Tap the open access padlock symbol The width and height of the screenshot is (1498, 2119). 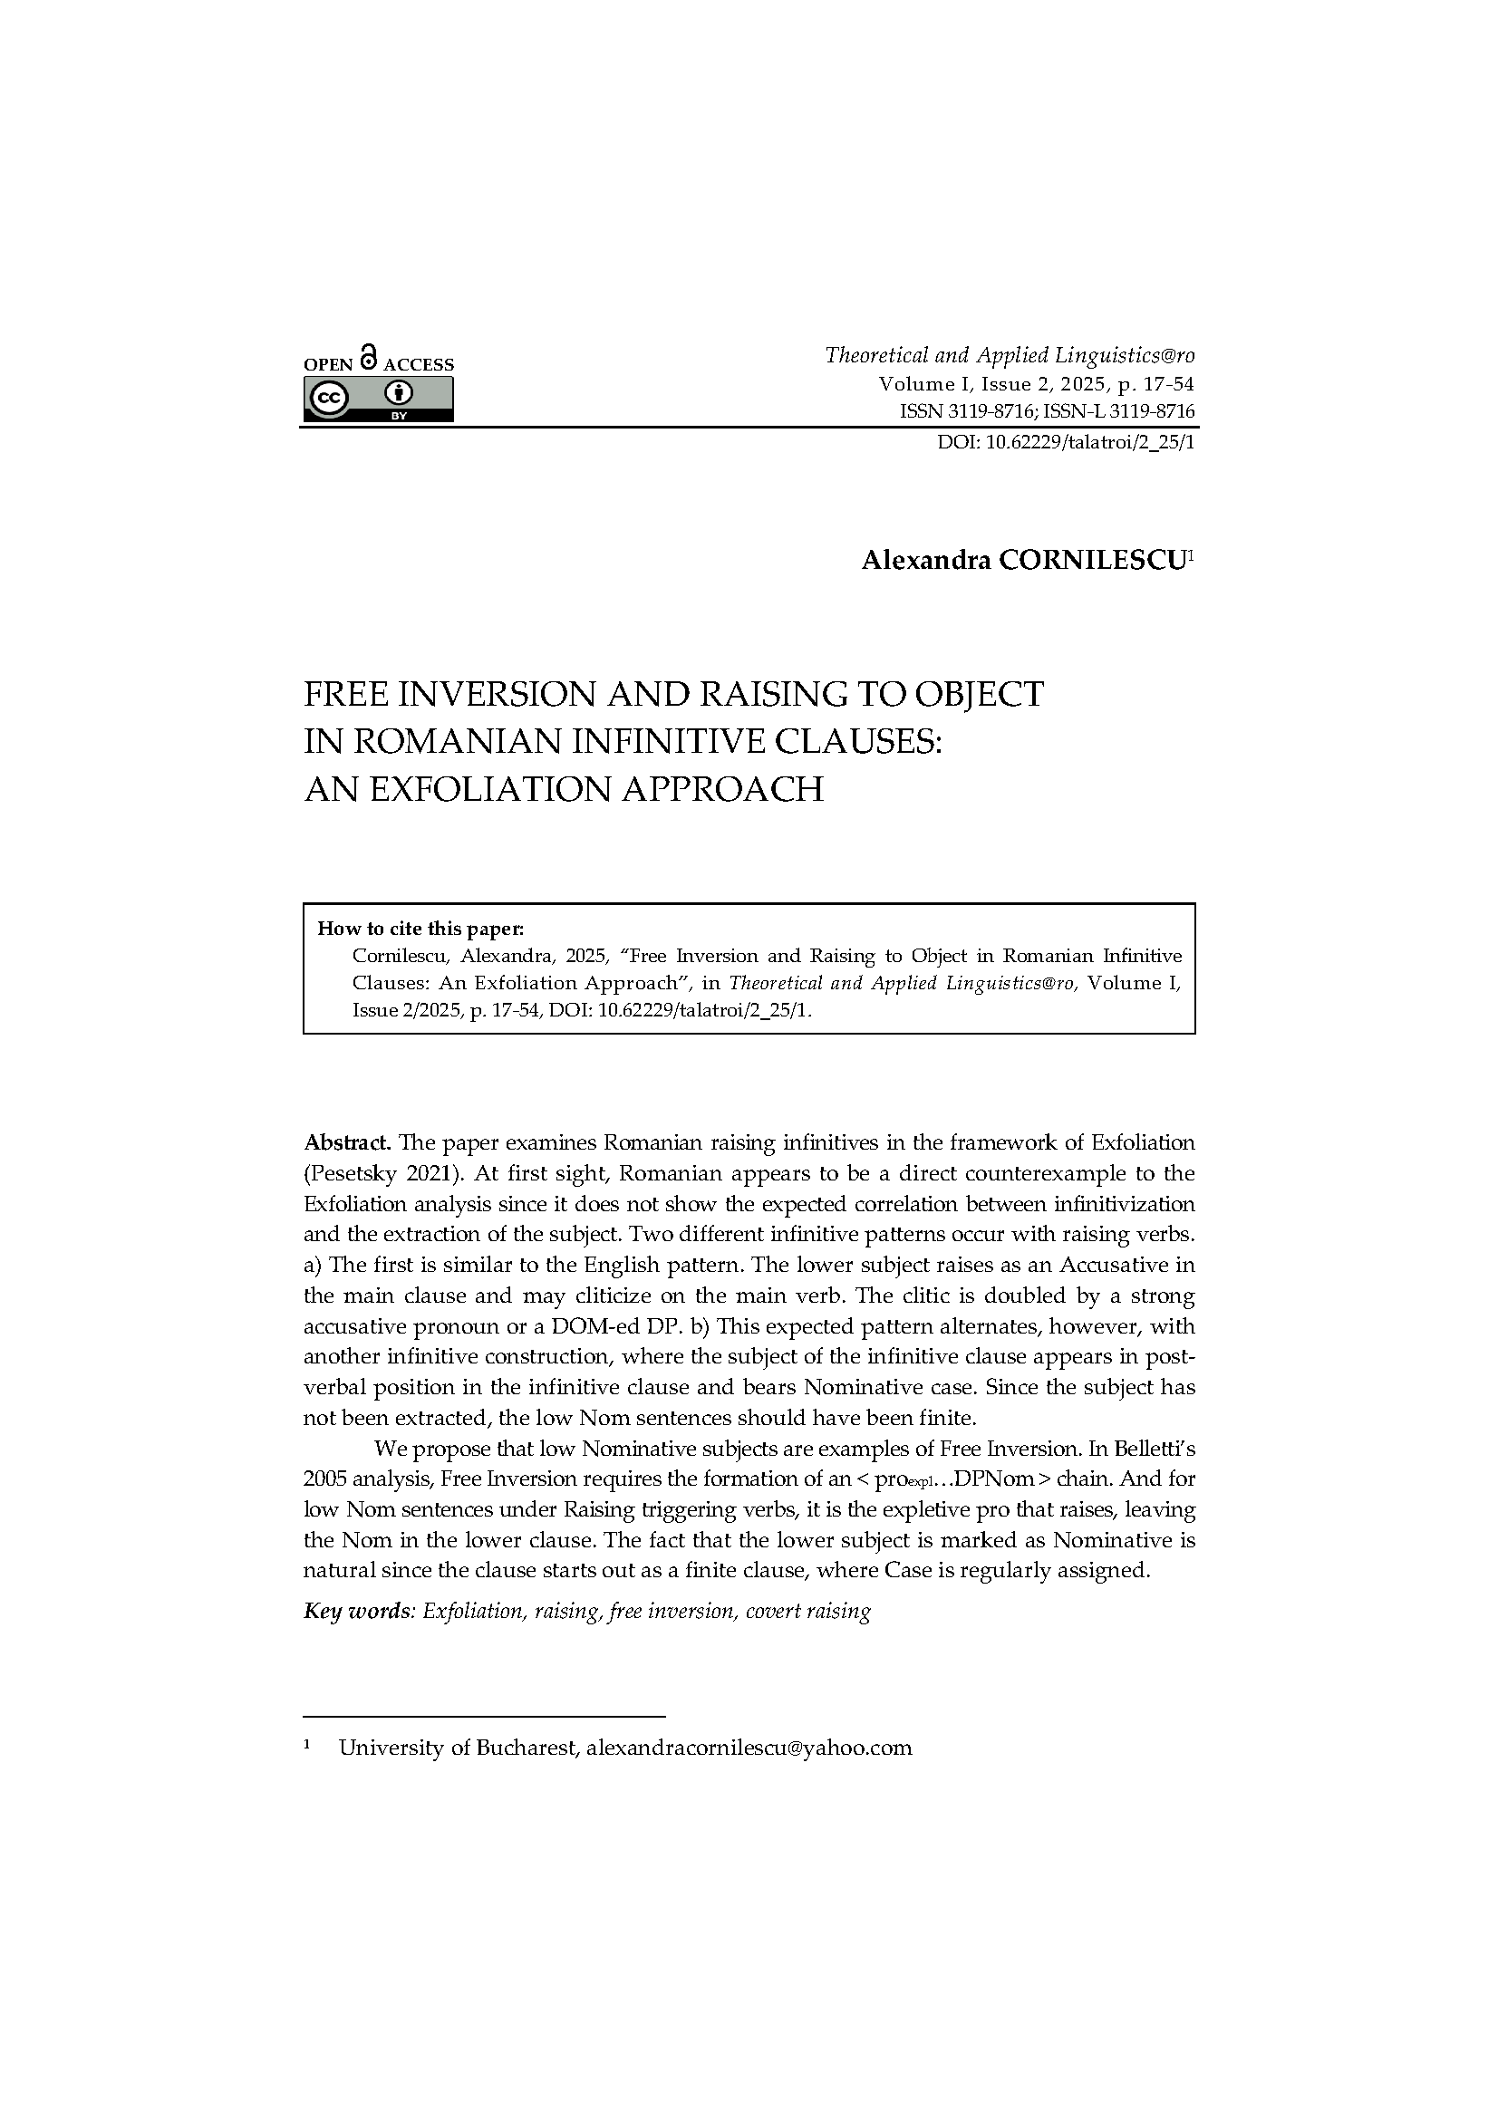pos(368,357)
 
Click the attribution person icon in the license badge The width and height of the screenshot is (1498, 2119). pos(399,394)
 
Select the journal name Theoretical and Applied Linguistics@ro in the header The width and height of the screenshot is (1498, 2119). pos(1009,355)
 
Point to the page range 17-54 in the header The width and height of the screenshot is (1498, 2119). pos(1166,384)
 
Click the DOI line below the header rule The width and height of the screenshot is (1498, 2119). pos(1065,442)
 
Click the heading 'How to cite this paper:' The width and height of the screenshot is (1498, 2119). pos(420,928)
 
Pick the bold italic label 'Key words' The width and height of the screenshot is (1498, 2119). pos(357,1612)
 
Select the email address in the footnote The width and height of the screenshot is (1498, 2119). pos(749,1747)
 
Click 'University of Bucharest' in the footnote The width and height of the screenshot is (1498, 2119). pos(458,1747)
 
